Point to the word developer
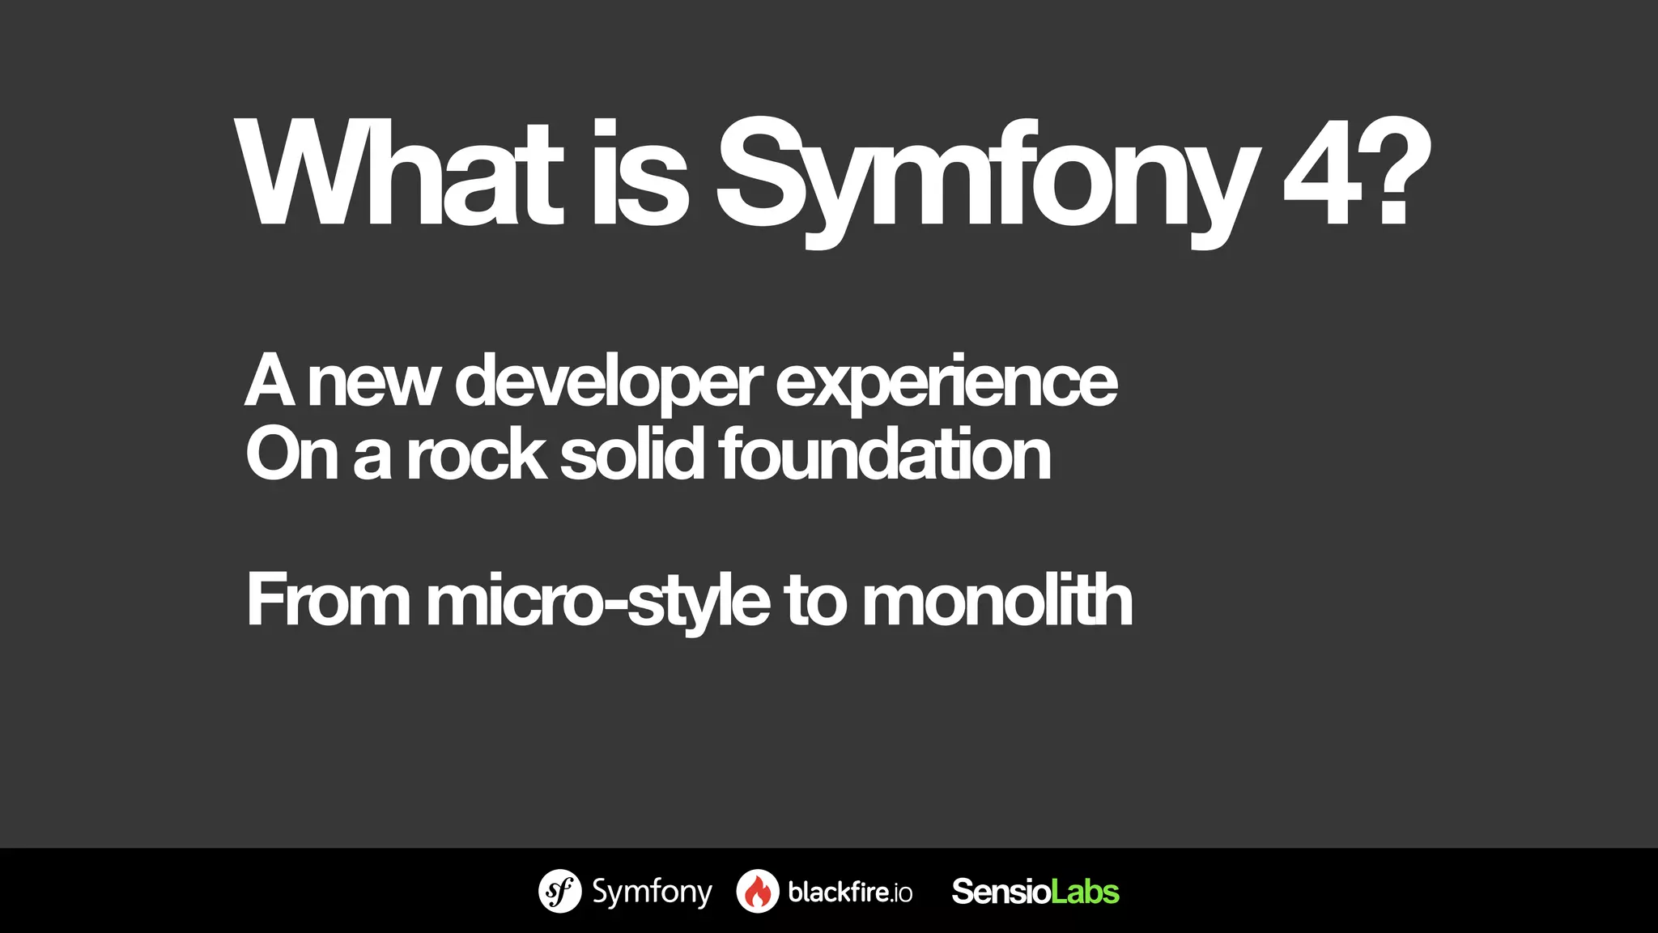click(608, 382)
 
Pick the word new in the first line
click(373, 382)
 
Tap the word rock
click(476, 455)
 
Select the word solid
click(631, 455)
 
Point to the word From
click(328, 601)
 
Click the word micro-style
click(597, 603)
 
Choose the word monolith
click(997, 601)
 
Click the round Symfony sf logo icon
click(559, 892)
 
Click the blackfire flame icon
click(758, 892)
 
